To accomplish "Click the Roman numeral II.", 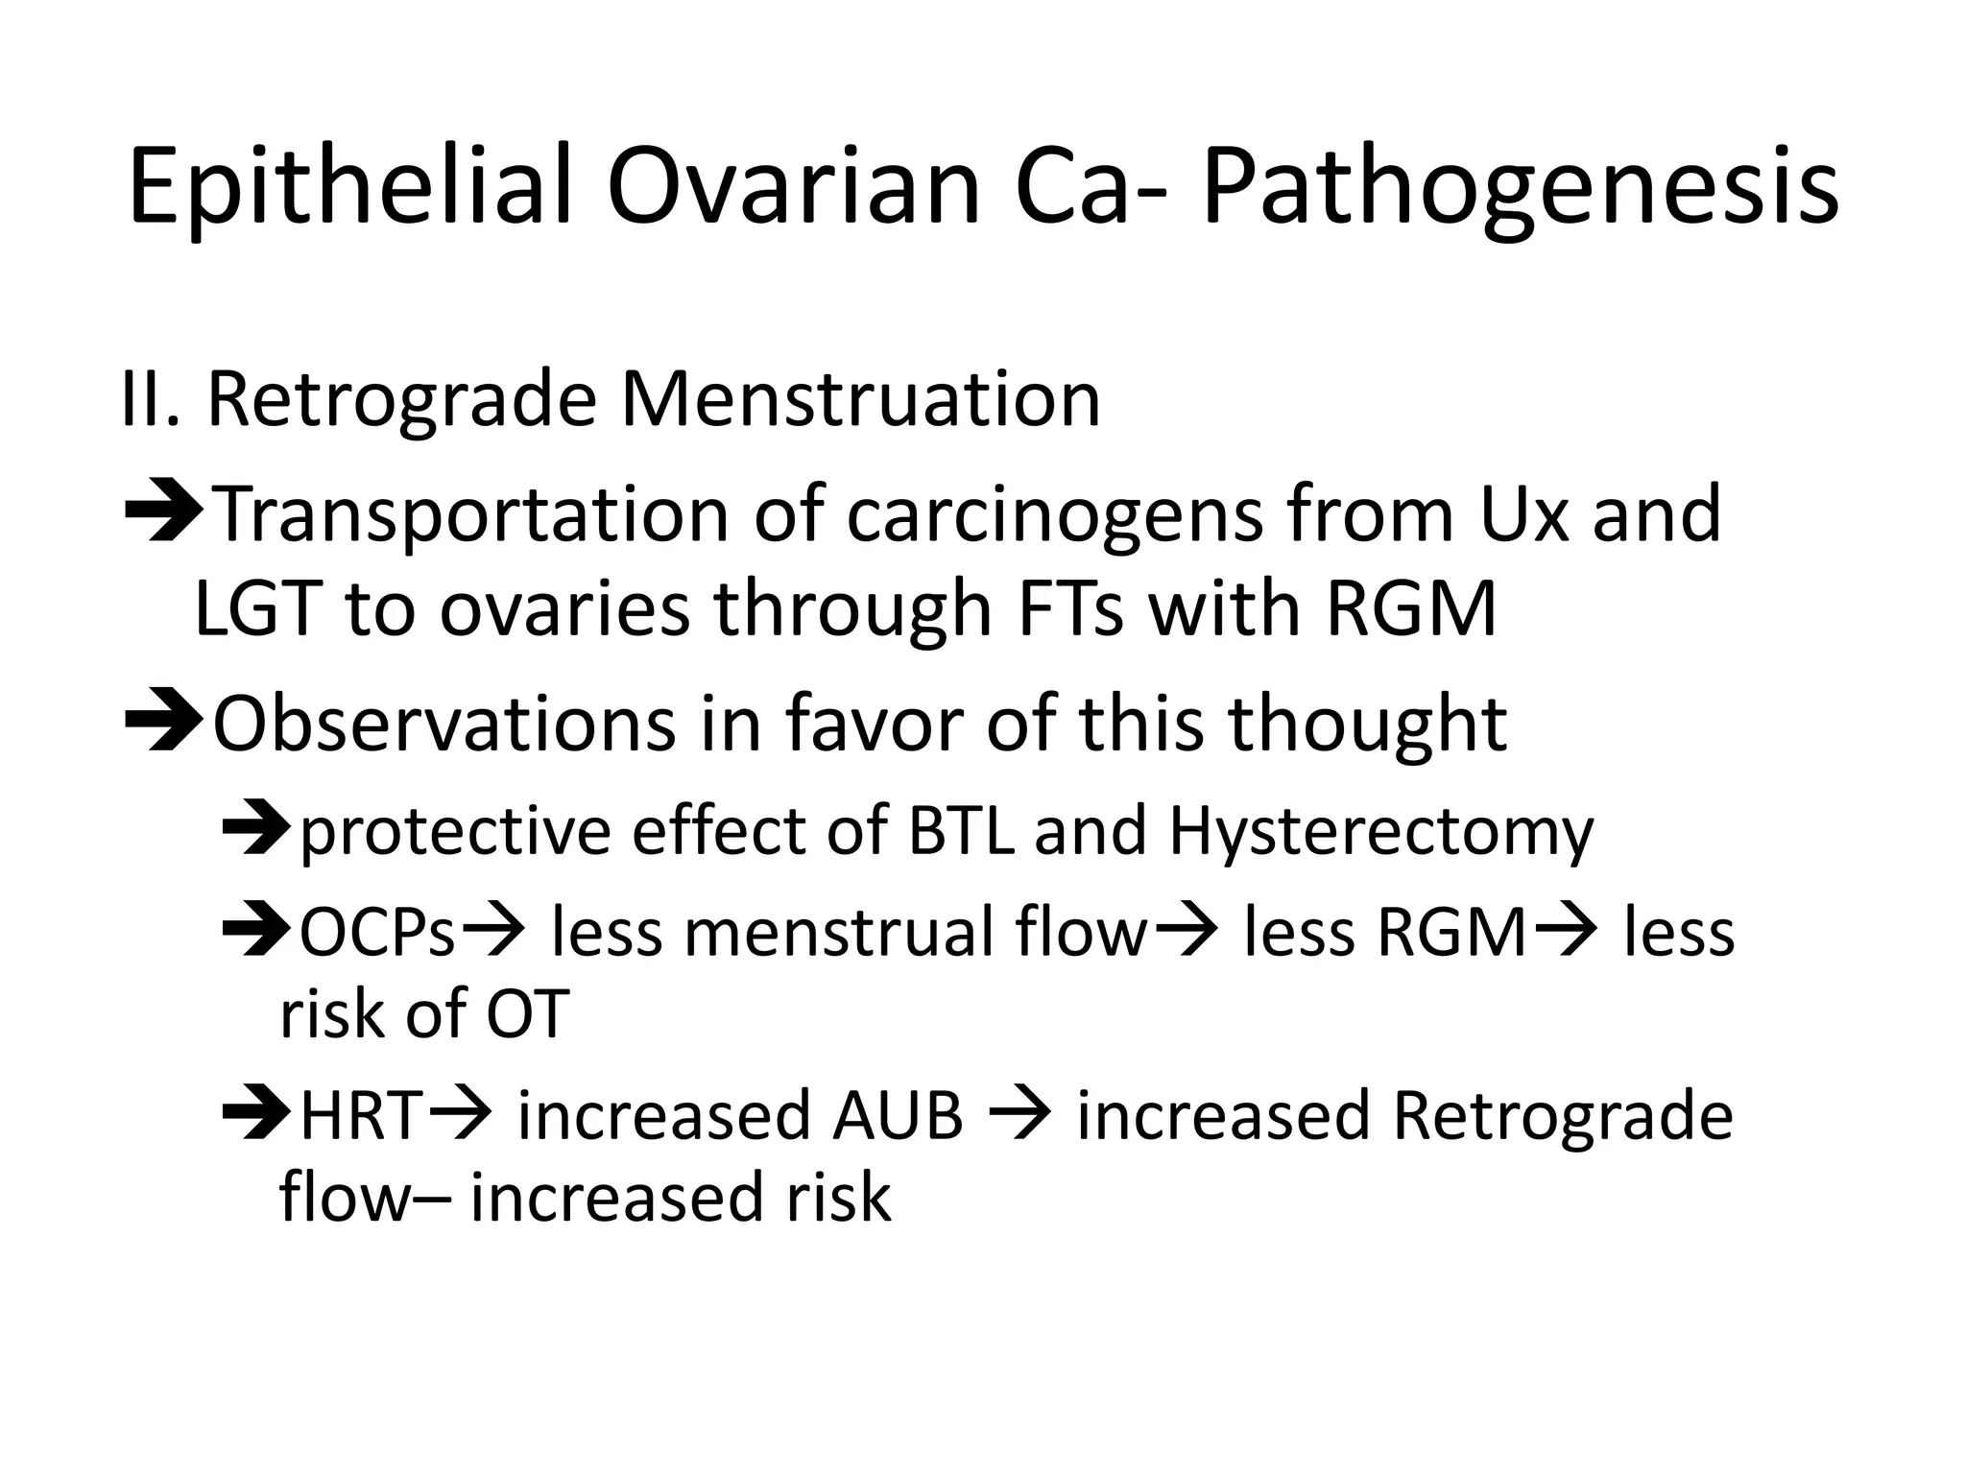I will click(150, 399).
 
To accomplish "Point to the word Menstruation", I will click(860, 399).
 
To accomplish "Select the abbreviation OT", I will click(528, 1013).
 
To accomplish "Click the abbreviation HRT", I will click(361, 1116).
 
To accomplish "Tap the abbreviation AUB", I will click(898, 1116).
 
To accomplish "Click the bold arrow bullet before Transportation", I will click(162, 514).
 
